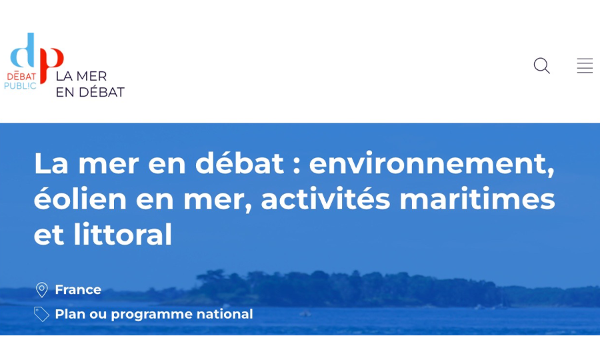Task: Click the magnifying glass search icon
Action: (x=542, y=65)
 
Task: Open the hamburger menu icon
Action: (x=585, y=65)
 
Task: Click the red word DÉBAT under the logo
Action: (x=21, y=76)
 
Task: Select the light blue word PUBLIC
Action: (x=20, y=86)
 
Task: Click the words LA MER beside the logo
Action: (x=81, y=76)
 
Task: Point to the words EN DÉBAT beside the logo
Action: (x=90, y=92)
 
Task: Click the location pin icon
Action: (x=42, y=290)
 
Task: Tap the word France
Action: (x=78, y=289)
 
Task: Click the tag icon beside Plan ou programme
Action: (x=41, y=314)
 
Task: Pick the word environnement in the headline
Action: (x=431, y=164)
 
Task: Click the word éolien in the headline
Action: (x=81, y=198)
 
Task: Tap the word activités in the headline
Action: (x=325, y=199)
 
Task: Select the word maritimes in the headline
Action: (x=477, y=199)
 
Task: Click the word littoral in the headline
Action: (x=123, y=234)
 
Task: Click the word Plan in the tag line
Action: (x=70, y=314)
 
